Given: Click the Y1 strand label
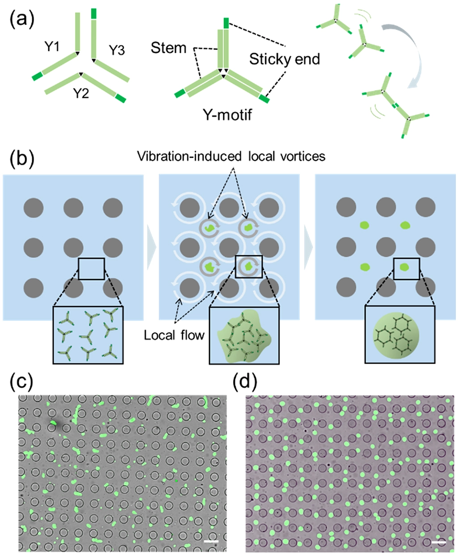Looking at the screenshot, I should (x=53, y=46).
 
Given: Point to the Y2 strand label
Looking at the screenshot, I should (x=83, y=93).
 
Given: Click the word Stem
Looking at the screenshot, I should (x=168, y=48).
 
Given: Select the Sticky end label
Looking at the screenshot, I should (x=284, y=59).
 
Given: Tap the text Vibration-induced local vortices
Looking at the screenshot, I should (x=231, y=156).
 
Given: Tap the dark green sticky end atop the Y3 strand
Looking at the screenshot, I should (x=93, y=13).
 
